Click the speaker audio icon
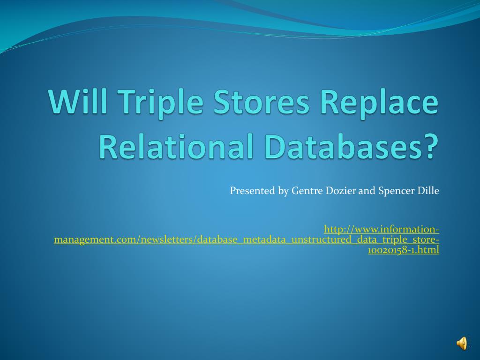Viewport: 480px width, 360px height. click(x=462, y=344)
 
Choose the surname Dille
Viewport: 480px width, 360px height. click(x=428, y=191)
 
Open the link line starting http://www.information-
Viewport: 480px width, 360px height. click(x=382, y=229)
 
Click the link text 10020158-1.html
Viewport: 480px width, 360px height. click(x=404, y=250)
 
